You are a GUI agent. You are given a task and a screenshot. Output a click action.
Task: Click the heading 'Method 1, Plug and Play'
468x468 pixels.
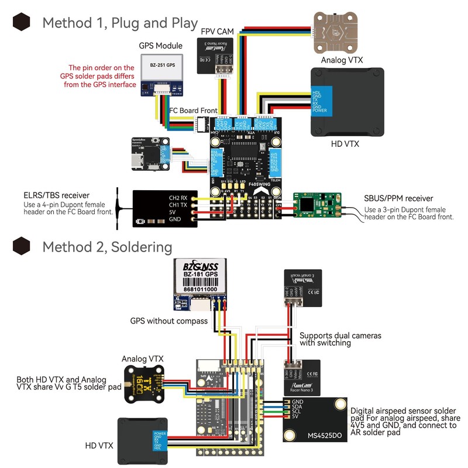pos(120,23)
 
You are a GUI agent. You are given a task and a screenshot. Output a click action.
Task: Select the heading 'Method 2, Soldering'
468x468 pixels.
pos(107,246)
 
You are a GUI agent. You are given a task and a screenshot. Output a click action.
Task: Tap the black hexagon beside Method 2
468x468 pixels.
pos(22,246)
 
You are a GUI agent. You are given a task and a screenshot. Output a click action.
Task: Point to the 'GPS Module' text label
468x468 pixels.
pos(160,46)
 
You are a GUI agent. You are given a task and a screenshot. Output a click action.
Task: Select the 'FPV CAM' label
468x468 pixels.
pos(218,30)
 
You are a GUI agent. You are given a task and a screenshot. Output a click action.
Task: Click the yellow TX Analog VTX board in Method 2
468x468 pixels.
pos(143,383)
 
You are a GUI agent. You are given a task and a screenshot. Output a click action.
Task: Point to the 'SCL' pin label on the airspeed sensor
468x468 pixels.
pos(297,412)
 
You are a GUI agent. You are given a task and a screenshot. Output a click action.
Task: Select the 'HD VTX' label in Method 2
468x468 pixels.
pos(99,446)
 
